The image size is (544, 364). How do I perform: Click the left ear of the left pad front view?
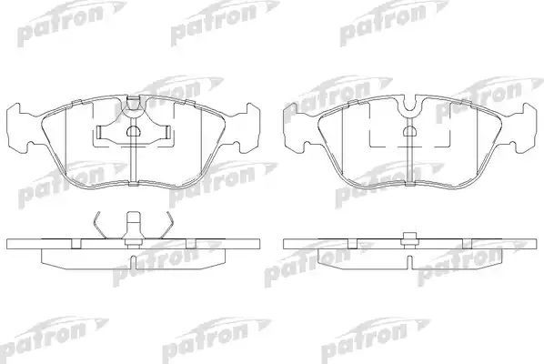pyautogui.click(x=20, y=126)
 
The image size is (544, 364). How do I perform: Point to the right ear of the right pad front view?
pyautogui.click(x=525, y=126)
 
